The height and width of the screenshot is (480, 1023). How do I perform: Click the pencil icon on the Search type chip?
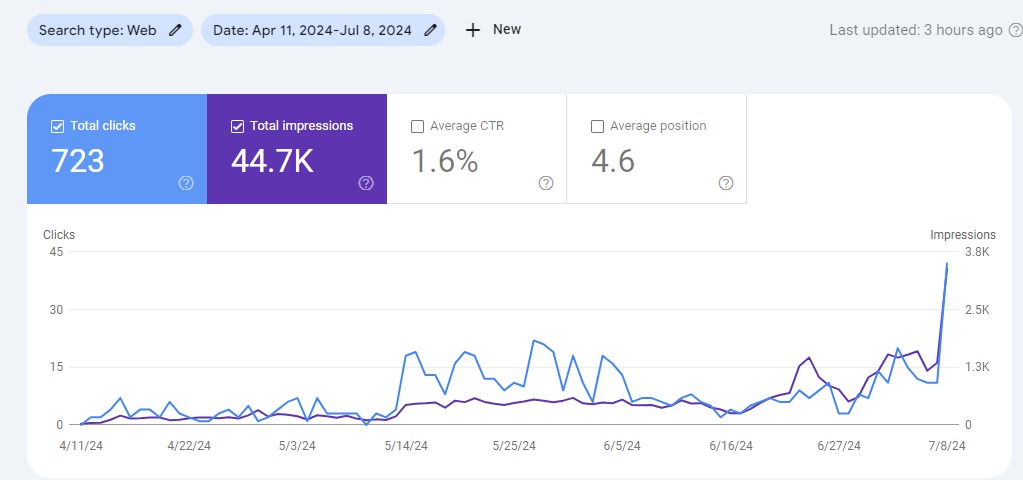[x=176, y=30]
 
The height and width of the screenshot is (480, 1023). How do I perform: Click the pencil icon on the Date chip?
[x=430, y=30]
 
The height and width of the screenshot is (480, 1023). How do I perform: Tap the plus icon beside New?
[x=473, y=30]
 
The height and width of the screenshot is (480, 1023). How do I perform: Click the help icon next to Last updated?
[x=1015, y=30]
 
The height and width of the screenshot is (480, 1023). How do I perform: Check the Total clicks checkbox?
[x=57, y=126]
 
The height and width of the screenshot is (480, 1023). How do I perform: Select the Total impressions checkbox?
[x=237, y=126]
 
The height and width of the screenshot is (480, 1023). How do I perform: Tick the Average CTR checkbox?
[x=417, y=126]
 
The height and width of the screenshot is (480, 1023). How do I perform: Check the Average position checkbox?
[x=597, y=126]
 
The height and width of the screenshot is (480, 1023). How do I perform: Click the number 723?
[x=77, y=161]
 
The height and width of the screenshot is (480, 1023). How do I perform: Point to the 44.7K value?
[x=272, y=161]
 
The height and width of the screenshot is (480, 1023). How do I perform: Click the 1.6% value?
[x=445, y=161]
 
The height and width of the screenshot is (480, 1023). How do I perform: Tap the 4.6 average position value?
[x=612, y=161]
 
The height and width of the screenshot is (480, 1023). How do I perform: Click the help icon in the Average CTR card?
[x=546, y=183]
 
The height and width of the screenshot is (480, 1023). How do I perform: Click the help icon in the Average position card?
[x=726, y=183]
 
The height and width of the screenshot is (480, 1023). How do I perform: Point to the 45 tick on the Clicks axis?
[x=56, y=251]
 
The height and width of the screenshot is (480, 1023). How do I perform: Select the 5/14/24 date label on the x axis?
[x=406, y=446]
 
